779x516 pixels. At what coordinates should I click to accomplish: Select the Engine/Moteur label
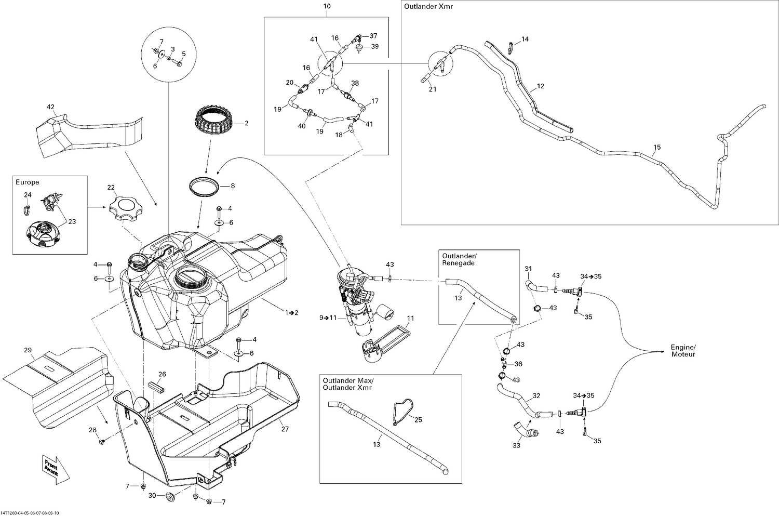682,351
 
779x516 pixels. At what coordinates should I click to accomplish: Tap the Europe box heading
27,182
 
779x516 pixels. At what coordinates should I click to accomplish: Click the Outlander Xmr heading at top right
424,7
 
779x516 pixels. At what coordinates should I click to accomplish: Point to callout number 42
50,107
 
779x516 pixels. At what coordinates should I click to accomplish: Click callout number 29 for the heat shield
28,350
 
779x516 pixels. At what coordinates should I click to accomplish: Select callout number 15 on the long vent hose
657,148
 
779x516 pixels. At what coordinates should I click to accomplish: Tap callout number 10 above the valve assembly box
327,6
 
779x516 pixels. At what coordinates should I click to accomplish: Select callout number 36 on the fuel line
518,364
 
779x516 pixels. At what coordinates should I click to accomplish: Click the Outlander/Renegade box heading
458,259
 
